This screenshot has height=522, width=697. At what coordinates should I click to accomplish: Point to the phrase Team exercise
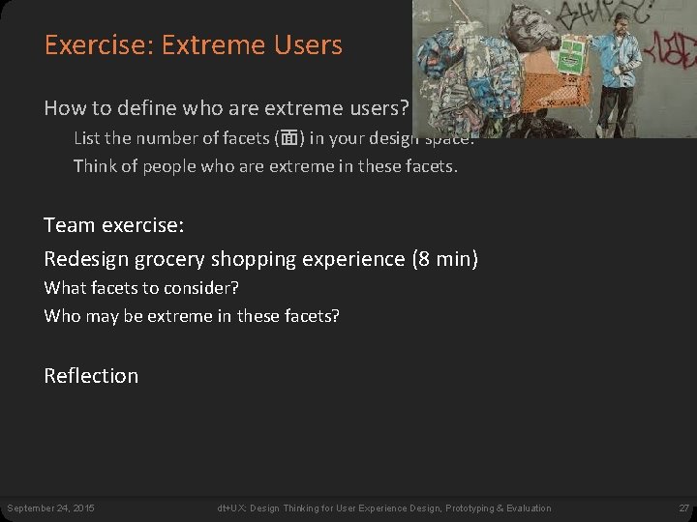pos(114,225)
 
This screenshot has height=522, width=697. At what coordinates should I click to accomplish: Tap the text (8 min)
pos(444,259)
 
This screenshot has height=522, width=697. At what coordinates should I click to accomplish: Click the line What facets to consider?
pos(141,288)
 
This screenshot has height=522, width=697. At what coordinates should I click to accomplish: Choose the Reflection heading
pos(91,376)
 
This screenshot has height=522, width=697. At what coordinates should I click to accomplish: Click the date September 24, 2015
pos(50,508)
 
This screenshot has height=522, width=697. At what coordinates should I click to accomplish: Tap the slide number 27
pos(683,508)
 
